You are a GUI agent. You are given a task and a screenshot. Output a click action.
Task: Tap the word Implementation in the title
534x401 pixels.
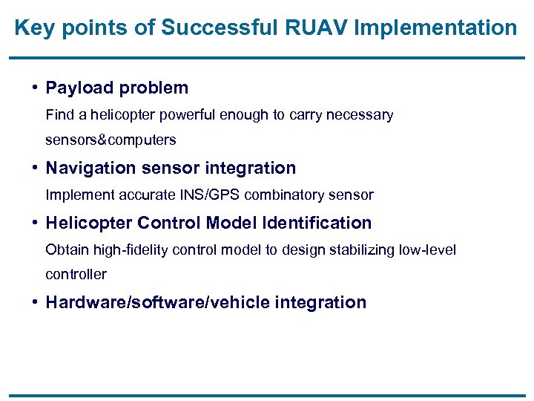point(437,28)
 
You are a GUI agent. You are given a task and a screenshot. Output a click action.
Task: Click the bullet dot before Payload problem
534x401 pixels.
point(36,88)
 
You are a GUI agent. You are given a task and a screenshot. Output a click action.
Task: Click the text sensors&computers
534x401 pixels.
point(111,140)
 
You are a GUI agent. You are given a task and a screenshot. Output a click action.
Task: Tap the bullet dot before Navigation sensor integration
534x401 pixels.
point(36,168)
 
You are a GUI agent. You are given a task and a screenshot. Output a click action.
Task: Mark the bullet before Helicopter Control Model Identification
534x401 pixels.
point(36,223)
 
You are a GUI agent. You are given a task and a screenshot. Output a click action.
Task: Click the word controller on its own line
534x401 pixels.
point(76,274)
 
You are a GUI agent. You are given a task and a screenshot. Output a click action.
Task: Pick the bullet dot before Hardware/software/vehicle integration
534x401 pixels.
point(36,302)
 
